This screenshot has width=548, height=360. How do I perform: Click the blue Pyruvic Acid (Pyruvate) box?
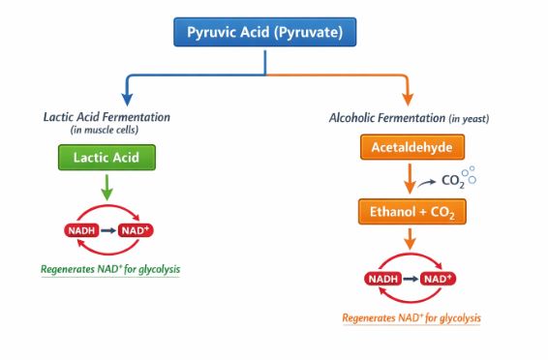265,34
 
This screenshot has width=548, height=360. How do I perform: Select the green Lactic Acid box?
107,157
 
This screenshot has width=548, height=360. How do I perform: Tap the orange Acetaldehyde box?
411,148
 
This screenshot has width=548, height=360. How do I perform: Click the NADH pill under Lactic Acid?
81,230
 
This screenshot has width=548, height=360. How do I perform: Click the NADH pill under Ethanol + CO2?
386,280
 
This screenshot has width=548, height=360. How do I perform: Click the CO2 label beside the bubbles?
451,180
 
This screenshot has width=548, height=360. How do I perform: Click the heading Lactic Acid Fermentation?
107,117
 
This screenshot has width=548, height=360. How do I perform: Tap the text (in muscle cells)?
107,130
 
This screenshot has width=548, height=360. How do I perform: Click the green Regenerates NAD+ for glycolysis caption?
110,269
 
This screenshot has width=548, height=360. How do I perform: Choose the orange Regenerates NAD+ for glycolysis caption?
411,318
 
